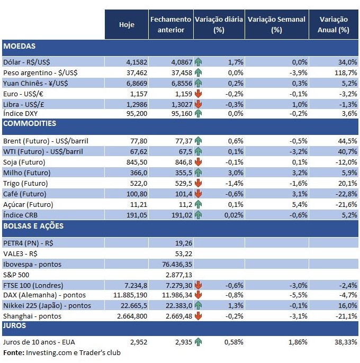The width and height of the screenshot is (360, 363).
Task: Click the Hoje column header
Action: (x=127, y=25)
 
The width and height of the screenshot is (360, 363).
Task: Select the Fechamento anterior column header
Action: (x=171, y=25)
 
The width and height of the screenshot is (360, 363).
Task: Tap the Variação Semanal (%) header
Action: (x=276, y=25)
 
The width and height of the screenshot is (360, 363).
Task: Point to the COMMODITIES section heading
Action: (x=30, y=123)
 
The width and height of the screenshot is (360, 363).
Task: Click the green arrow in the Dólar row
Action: (x=199, y=62)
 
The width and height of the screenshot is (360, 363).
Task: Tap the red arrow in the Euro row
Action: (x=199, y=94)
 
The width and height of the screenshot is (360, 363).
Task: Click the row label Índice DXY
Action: (x=22, y=113)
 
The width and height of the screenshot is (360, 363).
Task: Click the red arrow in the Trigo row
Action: (x=199, y=183)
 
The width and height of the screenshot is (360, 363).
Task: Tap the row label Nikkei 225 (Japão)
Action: (x=47, y=305)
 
